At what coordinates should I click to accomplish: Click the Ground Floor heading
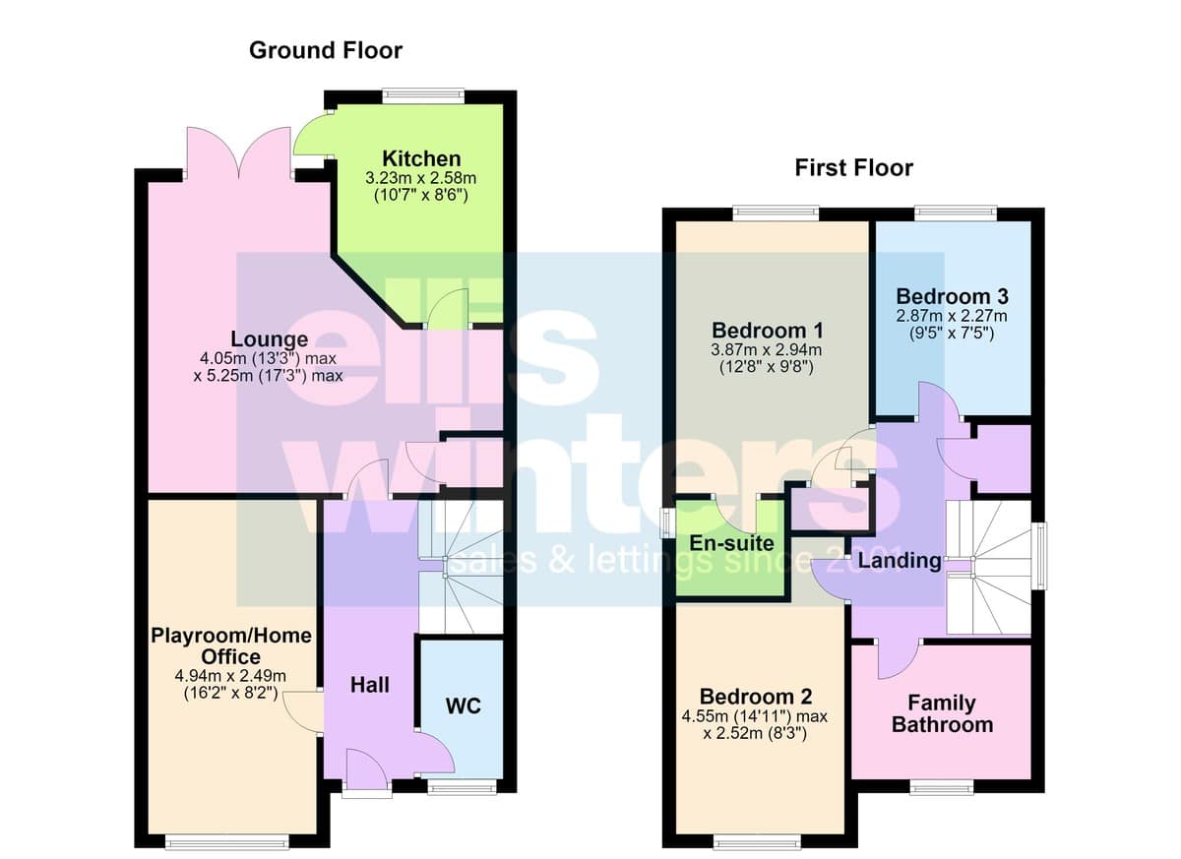click(326, 50)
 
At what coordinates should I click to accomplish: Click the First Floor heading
click(854, 168)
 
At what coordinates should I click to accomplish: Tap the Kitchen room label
click(421, 158)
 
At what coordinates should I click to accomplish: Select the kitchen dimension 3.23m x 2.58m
click(421, 178)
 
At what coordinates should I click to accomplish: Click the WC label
click(463, 706)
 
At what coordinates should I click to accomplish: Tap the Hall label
click(370, 685)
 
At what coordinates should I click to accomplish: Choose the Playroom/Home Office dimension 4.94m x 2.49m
click(230, 676)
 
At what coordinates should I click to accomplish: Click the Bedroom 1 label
click(767, 331)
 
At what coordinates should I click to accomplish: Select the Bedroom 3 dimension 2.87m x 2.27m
click(952, 316)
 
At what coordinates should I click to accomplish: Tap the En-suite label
click(732, 543)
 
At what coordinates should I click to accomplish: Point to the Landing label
click(900, 561)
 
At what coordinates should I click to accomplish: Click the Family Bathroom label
click(942, 714)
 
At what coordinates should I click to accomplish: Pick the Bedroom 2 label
click(756, 697)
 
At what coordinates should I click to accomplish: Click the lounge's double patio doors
click(239, 153)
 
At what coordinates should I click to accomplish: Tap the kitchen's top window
click(423, 96)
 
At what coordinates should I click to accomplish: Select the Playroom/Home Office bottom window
click(227, 842)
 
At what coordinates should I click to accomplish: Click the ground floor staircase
click(461, 567)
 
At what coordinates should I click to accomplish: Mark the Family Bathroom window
click(942, 788)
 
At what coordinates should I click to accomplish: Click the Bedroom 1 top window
click(777, 214)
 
